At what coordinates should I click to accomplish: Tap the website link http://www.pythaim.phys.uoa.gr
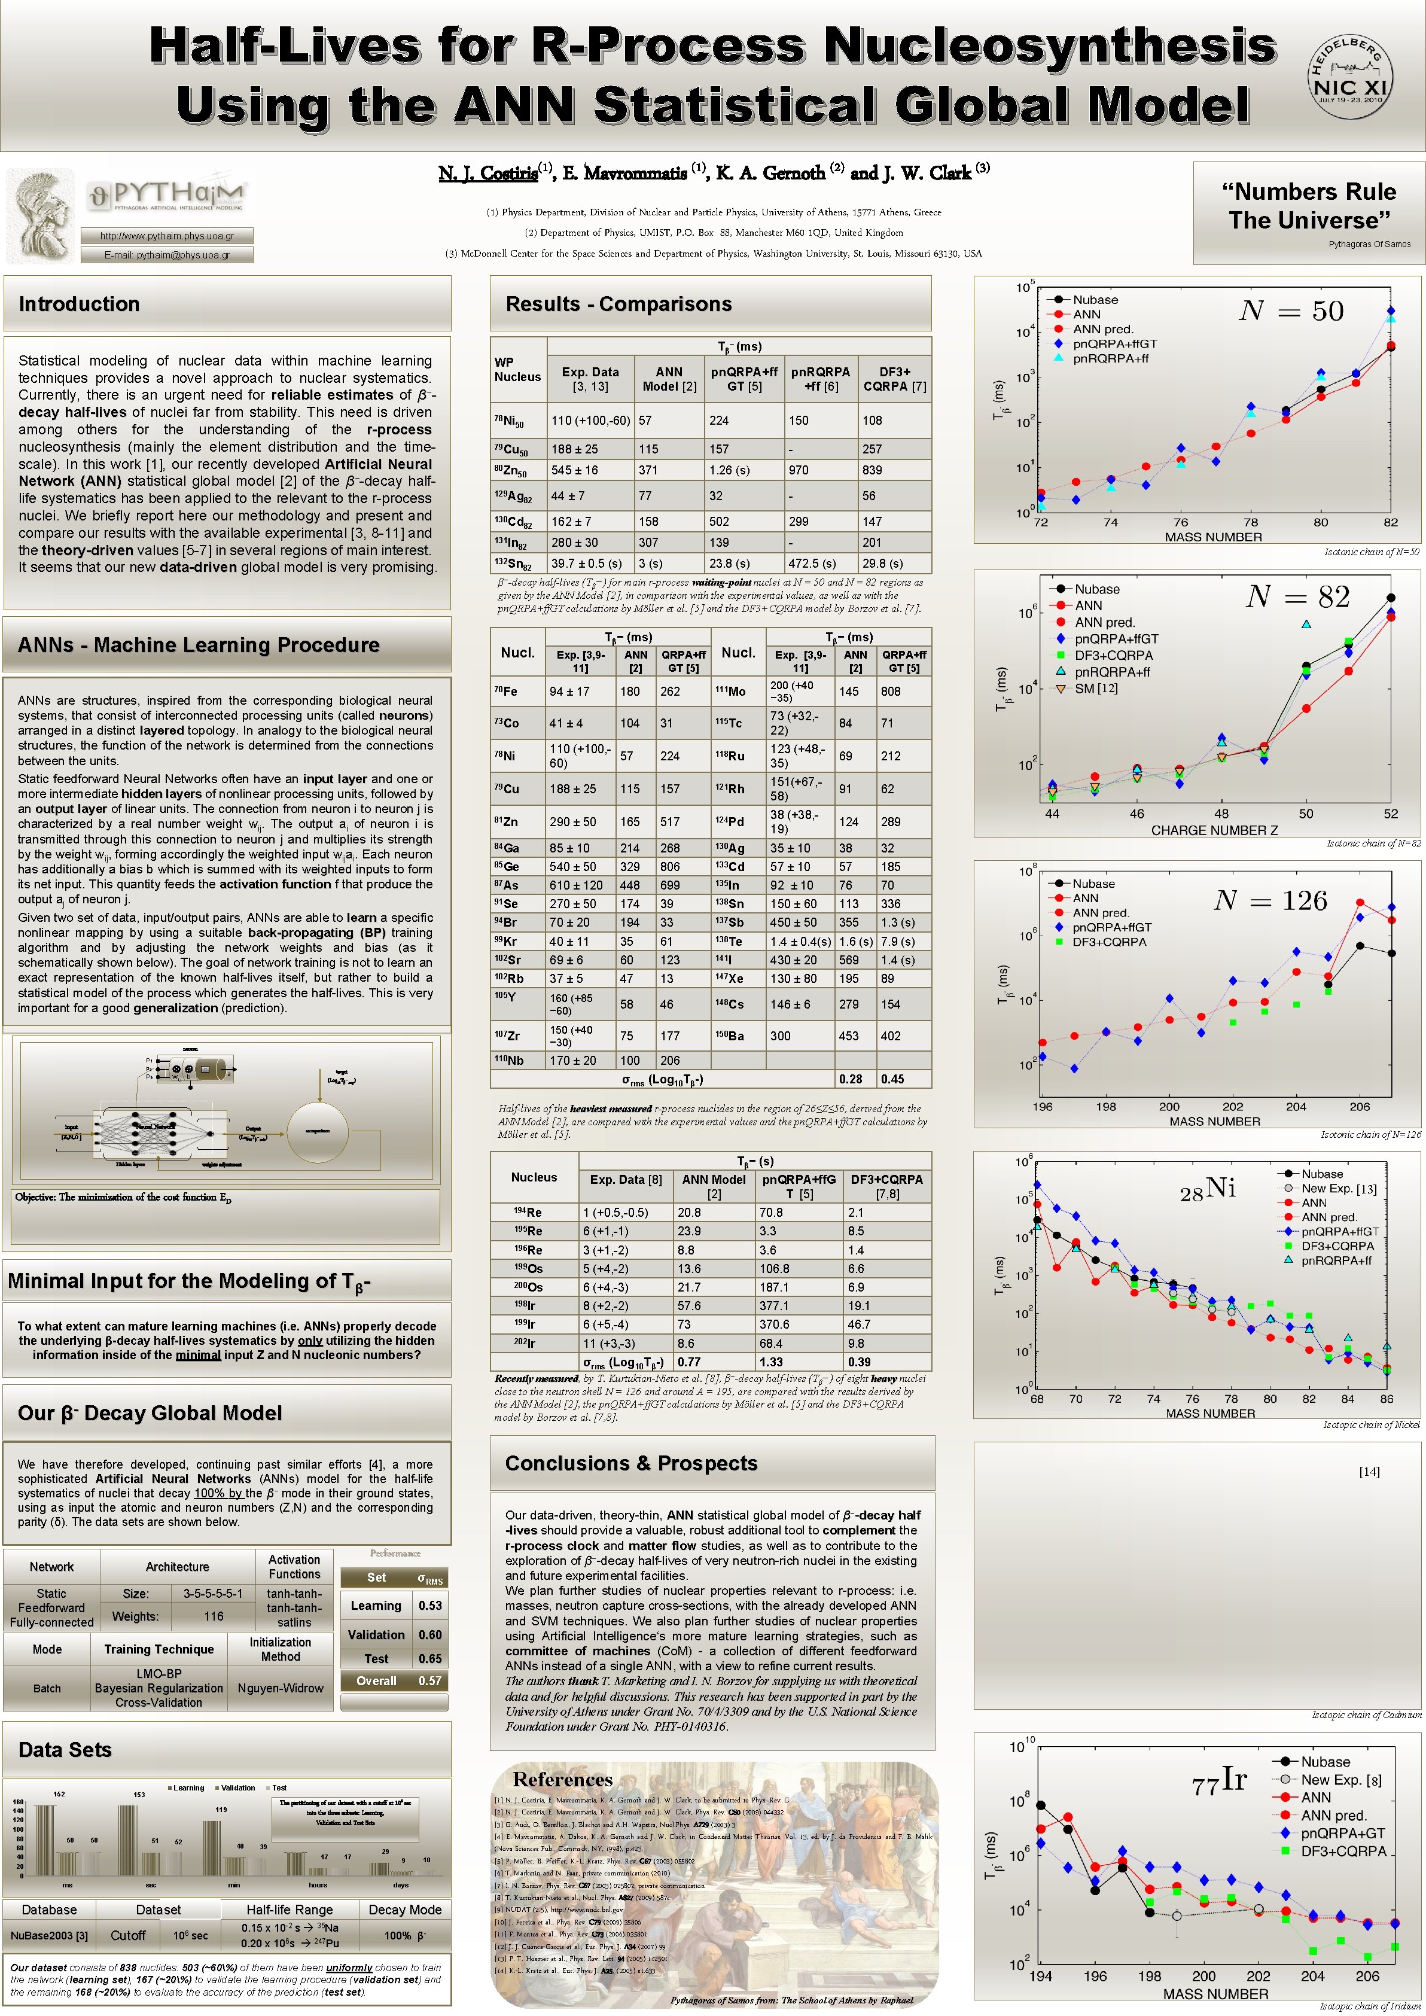(x=167, y=235)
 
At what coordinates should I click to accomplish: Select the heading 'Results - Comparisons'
(x=618, y=304)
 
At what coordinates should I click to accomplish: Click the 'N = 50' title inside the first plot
(x=1290, y=311)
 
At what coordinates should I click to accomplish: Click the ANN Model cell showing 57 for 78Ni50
(x=645, y=421)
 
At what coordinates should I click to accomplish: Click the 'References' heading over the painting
(x=562, y=1780)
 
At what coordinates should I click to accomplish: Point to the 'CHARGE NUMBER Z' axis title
(x=1214, y=830)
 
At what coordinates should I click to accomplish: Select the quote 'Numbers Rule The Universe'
(x=1308, y=206)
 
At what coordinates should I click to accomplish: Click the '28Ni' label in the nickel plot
(x=1206, y=1189)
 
